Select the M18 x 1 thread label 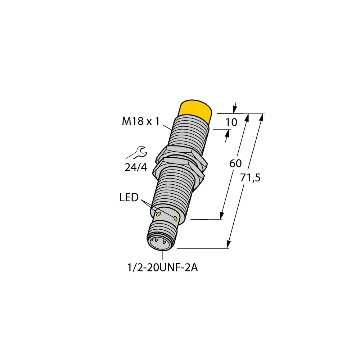pos(140,122)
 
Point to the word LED pos(129,197)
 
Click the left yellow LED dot pos(158,214)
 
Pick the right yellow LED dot pos(175,219)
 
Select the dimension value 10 pos(231,122)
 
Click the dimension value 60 pos(235,163)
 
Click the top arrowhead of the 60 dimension pos(247,118)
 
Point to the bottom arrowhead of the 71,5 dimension pos(228,244)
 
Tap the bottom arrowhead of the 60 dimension pos(221,216)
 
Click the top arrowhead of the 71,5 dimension pos(261,118)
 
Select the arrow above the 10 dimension pos(235,107)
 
